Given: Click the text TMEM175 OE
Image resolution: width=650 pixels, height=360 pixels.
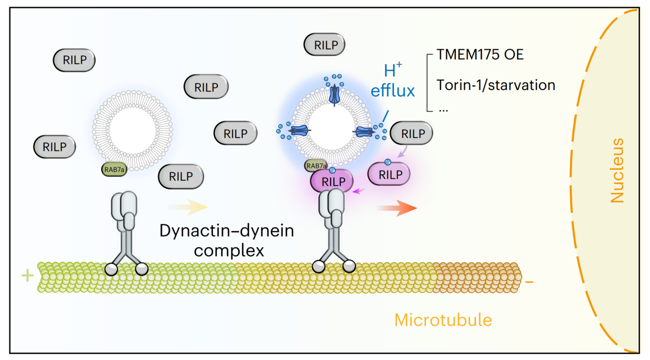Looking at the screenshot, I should pyautogui.click(x=480, y=55).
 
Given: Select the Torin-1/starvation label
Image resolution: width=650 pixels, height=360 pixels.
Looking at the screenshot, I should pyautogui.click(x=496, y=84).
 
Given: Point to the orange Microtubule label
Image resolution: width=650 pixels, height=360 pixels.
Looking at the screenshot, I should pyautogui.click(x=443, y=320).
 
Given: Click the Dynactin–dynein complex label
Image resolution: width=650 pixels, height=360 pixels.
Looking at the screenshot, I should pyautogui.click(x=226, y=241).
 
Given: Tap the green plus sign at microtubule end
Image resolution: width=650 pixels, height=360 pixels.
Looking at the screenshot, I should pyautogui.click(x=27, y=276).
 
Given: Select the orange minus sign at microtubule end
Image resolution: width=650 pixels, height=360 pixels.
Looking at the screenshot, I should pyautogui.click(x=529, y=280).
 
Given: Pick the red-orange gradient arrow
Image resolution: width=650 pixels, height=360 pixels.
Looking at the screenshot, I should pyautogui.click(x=397, y=208).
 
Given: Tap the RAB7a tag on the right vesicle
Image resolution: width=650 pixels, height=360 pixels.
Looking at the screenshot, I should pyautogui.click(x=316, y=166).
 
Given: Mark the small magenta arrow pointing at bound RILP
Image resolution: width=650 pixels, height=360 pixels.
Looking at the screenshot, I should pyautogui.click(x=359, y=191).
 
